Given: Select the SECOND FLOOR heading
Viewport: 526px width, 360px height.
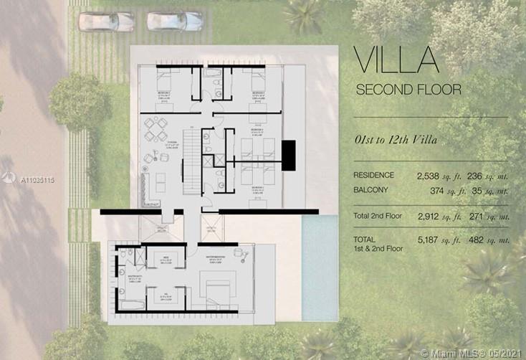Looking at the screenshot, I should tap(408, 90).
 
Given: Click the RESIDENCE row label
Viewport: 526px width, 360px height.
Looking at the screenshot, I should tap(373, 175).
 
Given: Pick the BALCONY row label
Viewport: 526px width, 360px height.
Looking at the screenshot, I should tap(370, 191).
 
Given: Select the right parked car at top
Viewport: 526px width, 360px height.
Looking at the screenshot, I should tap(175, 22).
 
